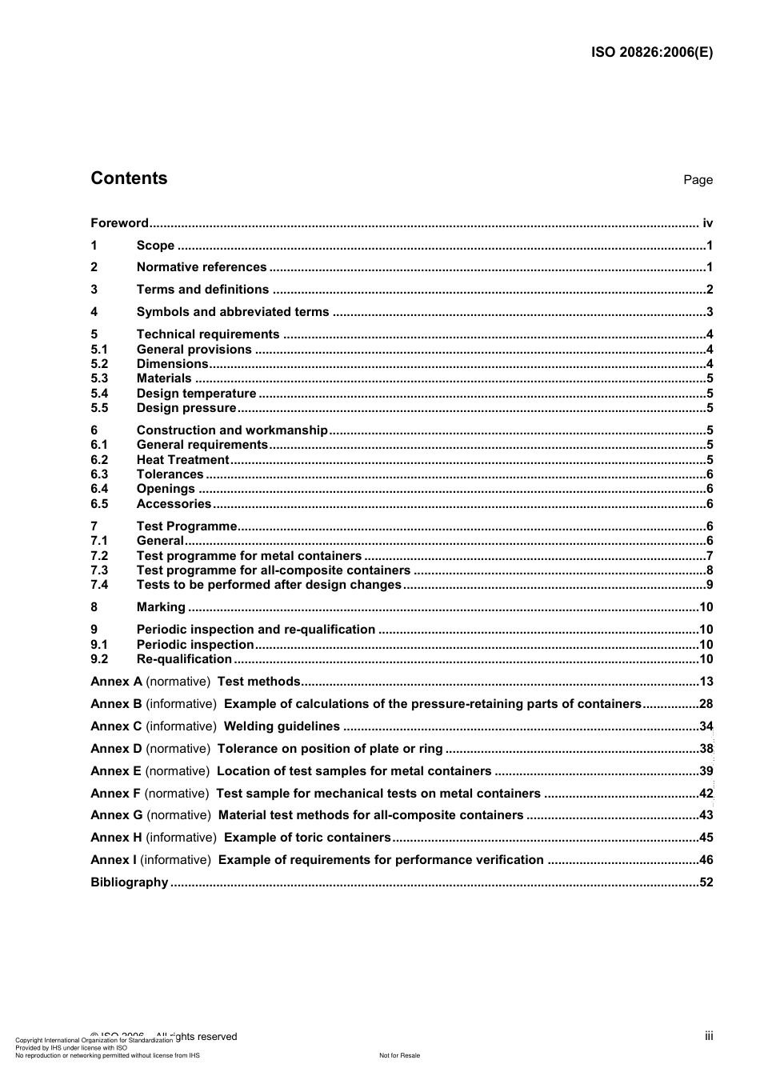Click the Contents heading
pos(129,178)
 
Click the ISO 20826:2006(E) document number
pos(651,53)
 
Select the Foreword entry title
pos(119,223)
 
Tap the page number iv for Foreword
pos(707,223)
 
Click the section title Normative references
pos(202,267)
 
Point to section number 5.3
pos(99,378)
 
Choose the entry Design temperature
pos(196,394)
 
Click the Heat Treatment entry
pos(182,460)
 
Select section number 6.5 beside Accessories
pos(99,504)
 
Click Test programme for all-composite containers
pos(273,570)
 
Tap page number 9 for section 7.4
pos(710,585)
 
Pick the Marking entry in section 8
pos(161,607)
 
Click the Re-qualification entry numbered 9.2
pos(184,659)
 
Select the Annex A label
pos(116,682)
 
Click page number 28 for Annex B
pos(706,704)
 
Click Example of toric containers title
pos(307,838)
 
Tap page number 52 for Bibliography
pos(706,882)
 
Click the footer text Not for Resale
pos(399,1055)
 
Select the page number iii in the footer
pos(709,1036)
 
